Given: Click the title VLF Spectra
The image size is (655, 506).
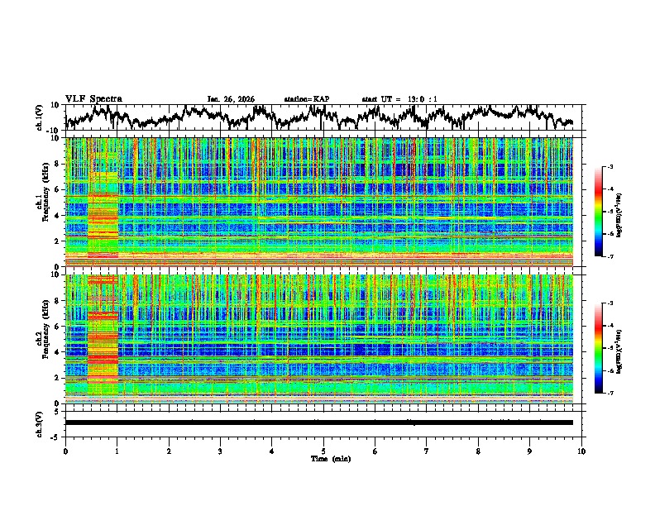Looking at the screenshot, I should tap(93, 98).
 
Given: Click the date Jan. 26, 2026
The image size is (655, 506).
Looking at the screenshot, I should tap(231, 99).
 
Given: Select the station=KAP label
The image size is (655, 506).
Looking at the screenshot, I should tap(306, 99).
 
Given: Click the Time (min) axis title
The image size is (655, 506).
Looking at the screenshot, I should tap(323, 458).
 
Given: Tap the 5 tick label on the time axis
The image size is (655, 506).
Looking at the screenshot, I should tap(323, 451).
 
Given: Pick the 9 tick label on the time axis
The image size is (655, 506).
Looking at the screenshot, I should tap(530, 451).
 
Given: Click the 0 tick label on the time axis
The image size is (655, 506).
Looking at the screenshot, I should tap(65, 451).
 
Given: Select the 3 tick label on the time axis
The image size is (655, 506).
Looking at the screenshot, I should tap(220, 451).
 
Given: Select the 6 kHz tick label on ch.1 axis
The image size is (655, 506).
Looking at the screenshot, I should tap(58, 189).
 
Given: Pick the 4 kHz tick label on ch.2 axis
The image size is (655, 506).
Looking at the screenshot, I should tap(58, 352).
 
